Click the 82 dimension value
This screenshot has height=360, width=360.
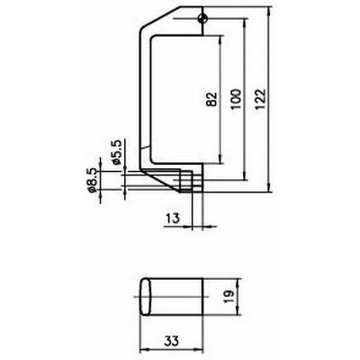(x=211, y=99)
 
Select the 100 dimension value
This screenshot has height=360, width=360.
(x=236, y=99)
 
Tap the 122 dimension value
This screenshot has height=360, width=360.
(x=260, y=99)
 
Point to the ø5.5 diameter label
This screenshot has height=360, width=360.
(x=117, y=152)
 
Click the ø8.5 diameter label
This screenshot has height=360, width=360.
(x=93, y=180)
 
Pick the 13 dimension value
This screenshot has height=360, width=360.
(x=172, y=218)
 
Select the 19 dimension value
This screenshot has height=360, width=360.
(x=229, y=297)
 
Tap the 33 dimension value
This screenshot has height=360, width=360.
(x=172, y=341)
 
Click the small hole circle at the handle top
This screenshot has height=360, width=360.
(x=203, y=19)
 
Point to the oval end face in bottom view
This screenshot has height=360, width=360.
(x=146, y=297)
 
